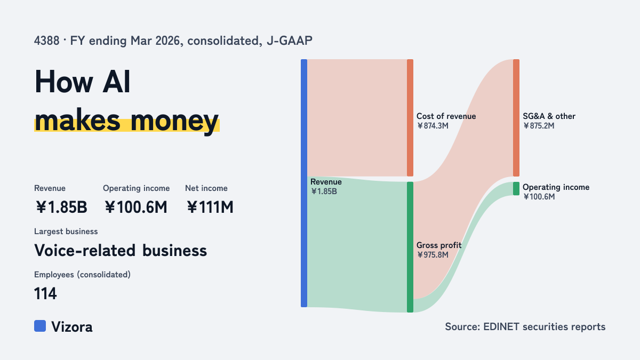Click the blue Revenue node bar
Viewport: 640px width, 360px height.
coord(304,183)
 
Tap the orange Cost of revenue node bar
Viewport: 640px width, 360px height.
coord(410,118)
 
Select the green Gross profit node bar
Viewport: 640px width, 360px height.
coord(410,247)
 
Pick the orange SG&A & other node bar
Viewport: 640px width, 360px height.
coord(516,118)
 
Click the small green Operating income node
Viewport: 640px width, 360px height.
coord(516,189)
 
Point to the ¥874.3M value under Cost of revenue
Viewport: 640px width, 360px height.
coord(433,126)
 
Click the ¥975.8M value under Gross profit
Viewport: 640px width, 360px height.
coord(433,254)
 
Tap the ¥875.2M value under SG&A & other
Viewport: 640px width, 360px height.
coord(539,126)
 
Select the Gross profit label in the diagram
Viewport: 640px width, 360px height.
coord(439,245)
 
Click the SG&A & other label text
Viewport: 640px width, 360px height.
coord(549,116)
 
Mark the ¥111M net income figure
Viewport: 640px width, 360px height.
coord(210,207)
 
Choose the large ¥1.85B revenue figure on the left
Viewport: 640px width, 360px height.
coord(61,207)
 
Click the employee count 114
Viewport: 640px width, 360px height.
coord(45,293)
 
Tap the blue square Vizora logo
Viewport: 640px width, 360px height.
coord(40,326)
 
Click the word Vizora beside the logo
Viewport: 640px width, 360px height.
coord(72,326)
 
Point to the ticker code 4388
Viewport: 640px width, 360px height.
coord(46,41)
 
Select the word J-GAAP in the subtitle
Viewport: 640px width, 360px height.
coord(290,41)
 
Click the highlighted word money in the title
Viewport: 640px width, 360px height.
coord(175,121)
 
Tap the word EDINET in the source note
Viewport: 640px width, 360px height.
coord(501,326)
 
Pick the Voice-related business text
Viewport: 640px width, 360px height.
coord(121,250)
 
